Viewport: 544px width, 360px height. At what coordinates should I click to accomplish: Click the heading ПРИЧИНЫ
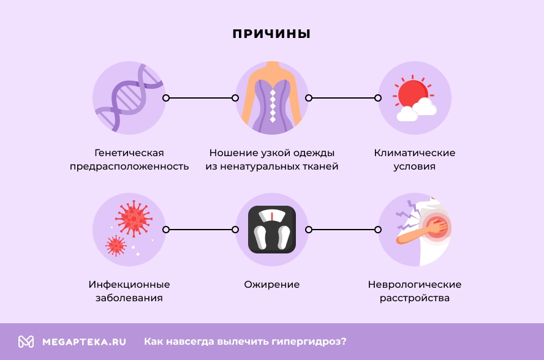click(x=271, y=34)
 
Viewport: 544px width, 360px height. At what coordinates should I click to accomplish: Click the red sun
click(x=410, y=94)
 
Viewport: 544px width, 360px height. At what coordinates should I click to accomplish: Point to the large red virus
click(x=134, y=218)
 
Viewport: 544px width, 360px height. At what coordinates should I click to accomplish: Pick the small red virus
click(x=115, y=246)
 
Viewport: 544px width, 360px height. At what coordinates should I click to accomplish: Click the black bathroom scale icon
click(x=272, y=230)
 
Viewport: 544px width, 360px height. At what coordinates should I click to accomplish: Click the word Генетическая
click(x=129, y=152)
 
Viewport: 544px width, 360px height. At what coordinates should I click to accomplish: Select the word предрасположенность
click(x=129, y=167)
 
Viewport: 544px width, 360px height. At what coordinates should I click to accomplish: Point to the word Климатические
click(x=415, y=152)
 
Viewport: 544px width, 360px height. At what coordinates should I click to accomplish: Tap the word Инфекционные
click(x=129, y=285)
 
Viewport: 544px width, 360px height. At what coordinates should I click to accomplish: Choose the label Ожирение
click(x=272, y=285)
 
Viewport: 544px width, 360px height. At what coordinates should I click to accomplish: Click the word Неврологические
click(x=415, y=285)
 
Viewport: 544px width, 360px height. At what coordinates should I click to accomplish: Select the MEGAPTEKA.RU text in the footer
click(x=84, y=342)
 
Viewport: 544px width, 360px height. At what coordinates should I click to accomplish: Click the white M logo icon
click(x=26, y=342)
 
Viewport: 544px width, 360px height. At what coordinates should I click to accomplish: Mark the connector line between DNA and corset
click(x=200, y=97)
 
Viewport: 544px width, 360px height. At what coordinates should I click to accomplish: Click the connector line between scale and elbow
click(x=343, y=230)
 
